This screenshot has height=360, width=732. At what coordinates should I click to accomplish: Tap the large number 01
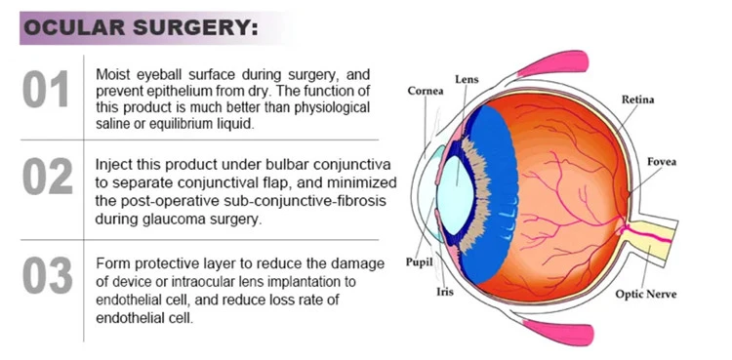(46, 89)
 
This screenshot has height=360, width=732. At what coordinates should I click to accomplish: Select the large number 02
(47, 176)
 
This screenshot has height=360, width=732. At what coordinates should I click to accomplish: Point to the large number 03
(47, 275)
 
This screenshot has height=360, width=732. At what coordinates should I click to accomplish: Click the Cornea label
(426, 91)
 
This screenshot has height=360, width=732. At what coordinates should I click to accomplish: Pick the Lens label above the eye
(467, 79)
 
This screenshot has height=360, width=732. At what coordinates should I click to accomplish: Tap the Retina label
(637, 100)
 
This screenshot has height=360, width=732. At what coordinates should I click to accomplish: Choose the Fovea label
(662, 162)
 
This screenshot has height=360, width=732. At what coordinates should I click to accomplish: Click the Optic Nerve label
(646, 295)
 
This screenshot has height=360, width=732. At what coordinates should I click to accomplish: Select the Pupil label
(420, 261)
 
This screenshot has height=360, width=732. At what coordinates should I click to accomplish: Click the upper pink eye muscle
(553, 63)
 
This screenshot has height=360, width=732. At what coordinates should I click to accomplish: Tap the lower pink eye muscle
(558, 332)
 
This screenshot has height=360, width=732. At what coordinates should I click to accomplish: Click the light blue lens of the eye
(457, 194)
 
